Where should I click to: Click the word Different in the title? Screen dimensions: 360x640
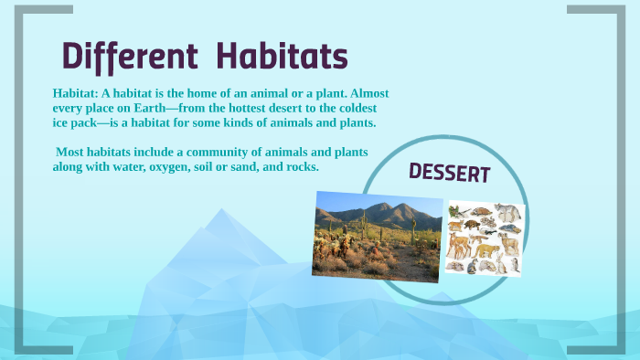(x=130, y=57)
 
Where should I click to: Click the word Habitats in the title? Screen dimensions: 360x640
(x=281, y=57)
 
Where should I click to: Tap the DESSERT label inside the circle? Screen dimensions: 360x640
(x=449, y=173)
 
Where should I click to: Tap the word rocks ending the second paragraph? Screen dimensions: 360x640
(x=300, y=167)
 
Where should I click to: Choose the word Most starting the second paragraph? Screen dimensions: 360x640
(x=71, y=153)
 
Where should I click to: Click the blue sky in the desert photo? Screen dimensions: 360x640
(x=347, y=202)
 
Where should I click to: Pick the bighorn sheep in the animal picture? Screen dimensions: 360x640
(x=509, y=243)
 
